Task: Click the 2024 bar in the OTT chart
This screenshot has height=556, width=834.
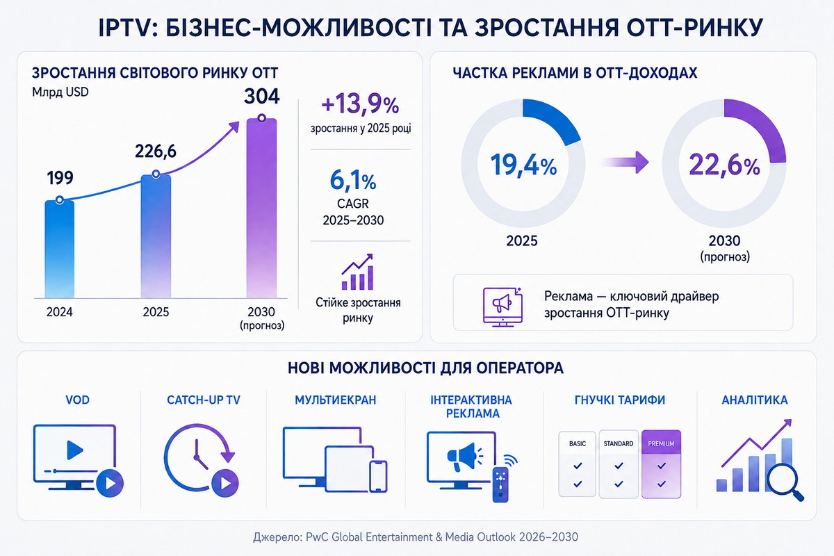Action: pos(60,249)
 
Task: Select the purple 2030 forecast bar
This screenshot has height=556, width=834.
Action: pos(262,208)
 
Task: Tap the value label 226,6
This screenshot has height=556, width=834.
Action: pos(155,152)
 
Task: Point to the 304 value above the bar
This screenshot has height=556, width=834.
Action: pos(262,96)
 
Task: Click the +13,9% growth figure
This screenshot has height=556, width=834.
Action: pos(360,104)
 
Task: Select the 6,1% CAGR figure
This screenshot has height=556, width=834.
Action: pos(353,181)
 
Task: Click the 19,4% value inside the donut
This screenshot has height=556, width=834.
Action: pos(523,165)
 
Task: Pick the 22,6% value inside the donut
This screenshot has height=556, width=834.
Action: pos(724,165)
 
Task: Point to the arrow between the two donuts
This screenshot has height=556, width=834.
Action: pos(625,162)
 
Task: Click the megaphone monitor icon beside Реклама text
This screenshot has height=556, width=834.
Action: pos(502,307)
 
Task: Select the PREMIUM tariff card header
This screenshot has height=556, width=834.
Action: pos(661,443)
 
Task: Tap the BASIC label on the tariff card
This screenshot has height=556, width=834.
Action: pos(578,443)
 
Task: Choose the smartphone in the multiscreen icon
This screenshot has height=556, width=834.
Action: pos(378,476)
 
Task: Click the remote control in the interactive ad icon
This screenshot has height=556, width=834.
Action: pos(500,485)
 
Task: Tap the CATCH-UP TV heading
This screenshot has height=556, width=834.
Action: pos(204,400)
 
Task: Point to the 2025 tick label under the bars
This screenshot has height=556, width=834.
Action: pos(156,311)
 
